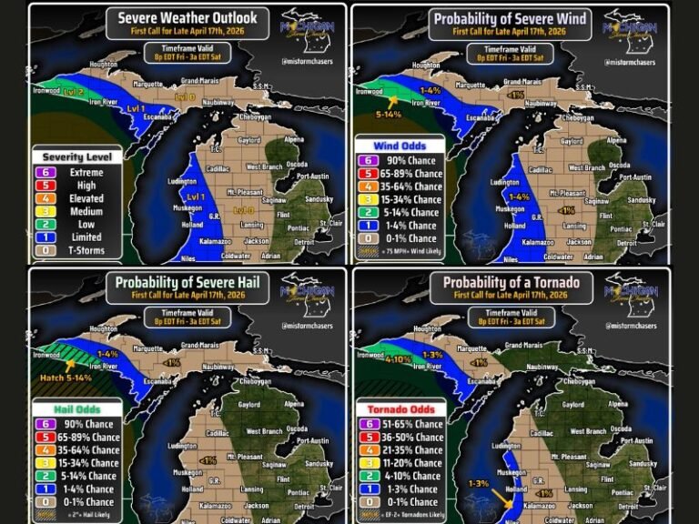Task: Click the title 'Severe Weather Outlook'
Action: pyautogui.click(x=187, y=17)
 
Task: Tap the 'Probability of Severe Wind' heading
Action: pyautogui.click(x=510, y=18)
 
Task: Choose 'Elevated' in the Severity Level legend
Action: pyautogui.click(x=86, y=198)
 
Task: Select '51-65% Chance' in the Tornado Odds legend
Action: pyautogui.click(x=415, y=424)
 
